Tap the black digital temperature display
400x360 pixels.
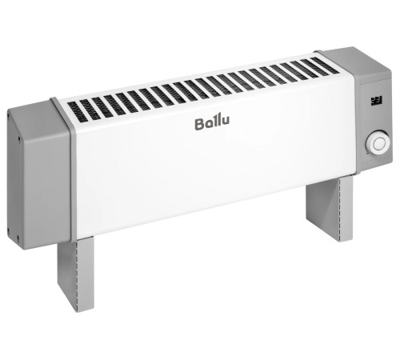[x=376, y=99]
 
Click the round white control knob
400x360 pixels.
[x=376, y=145]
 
